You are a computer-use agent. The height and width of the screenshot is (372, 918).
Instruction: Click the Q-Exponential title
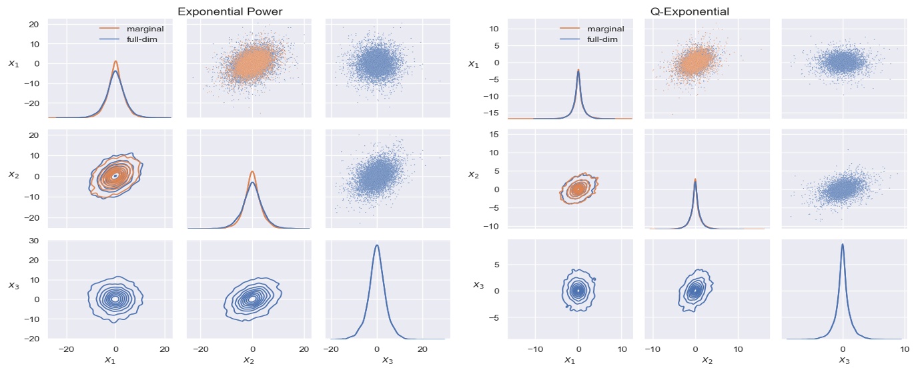(x=689, y=11)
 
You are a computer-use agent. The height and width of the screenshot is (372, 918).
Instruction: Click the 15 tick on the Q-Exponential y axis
(x=494, y=134)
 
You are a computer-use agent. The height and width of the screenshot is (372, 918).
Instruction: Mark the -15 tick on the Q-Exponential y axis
(x=492, y=113)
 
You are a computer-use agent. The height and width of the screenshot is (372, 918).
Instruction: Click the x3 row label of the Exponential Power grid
(x=13, y=285)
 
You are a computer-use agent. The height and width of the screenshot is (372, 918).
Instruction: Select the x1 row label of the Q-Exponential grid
(x=473, y=64)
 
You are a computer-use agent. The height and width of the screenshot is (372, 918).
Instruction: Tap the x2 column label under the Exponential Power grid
(x=252, y=361)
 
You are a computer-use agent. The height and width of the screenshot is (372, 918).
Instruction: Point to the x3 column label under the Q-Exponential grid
(x=843, y=361)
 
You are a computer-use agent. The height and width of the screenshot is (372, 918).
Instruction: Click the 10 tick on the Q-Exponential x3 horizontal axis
(x=904, y=349)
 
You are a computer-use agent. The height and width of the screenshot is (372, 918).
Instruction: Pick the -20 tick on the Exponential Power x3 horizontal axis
(x=330, y=349)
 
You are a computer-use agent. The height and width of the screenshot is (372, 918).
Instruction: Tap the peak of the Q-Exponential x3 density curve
(x=843, y=244)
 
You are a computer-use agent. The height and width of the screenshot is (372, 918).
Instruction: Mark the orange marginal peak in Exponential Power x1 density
(x=115, y=61)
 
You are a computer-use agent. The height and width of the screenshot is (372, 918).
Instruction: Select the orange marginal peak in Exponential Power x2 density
(x=252, y=171)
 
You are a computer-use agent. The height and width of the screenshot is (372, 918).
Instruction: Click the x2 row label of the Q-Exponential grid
(x=473, y=175)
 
